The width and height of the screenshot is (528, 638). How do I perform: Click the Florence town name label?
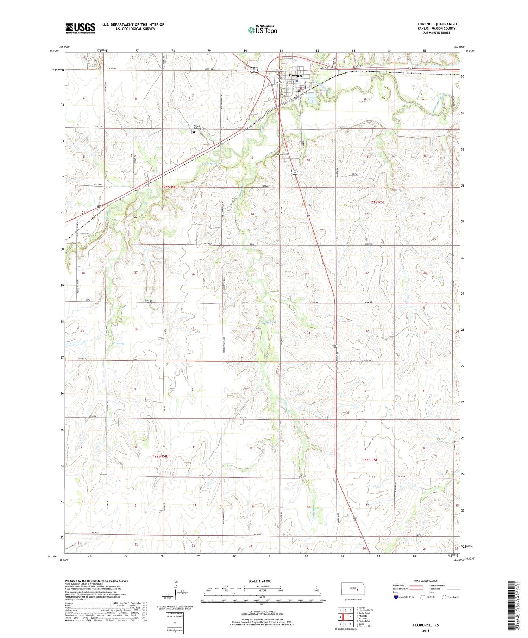coord(295,76)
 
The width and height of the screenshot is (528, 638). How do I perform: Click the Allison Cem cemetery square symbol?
coord(276,158)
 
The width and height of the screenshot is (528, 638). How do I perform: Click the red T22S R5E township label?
coord(370,460)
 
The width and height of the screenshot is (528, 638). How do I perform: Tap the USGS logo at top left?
coord(80,28)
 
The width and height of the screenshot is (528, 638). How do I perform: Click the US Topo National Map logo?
coord(262,30)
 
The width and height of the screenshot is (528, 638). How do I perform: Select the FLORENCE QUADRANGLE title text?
coord(436,24)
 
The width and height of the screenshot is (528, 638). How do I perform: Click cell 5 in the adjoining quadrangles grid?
coord(351,617)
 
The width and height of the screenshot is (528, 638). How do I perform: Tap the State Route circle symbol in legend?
coord(444,597)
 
